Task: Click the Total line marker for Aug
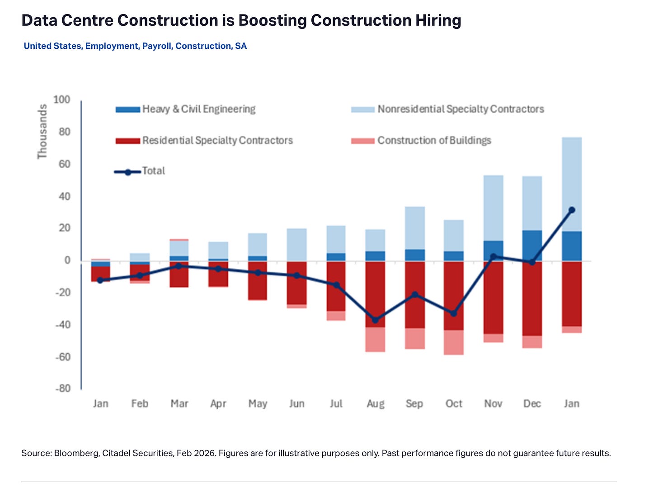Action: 375,320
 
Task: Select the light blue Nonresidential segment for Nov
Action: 493,208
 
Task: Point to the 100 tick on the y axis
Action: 62,99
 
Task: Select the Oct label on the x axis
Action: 454,403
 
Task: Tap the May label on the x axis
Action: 258,403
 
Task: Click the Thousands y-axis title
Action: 42,132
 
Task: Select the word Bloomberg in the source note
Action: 75,453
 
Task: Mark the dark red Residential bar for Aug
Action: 375,294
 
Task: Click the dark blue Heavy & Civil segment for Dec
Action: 532,246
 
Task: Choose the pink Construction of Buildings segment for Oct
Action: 454,342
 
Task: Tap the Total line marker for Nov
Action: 493,256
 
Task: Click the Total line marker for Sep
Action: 414,295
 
